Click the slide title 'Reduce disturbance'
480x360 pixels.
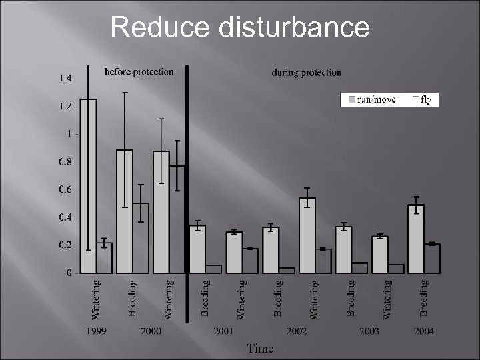239,28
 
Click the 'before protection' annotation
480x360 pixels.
138,72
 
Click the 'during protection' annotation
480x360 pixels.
306,73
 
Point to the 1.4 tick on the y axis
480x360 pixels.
66,79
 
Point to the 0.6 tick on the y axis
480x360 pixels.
66,190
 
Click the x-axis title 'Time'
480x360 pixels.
260,347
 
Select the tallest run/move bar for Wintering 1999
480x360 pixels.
89,187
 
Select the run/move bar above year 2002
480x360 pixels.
307,236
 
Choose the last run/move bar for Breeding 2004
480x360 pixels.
416,239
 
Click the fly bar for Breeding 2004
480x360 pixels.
432,259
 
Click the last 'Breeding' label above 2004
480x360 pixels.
424,297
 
